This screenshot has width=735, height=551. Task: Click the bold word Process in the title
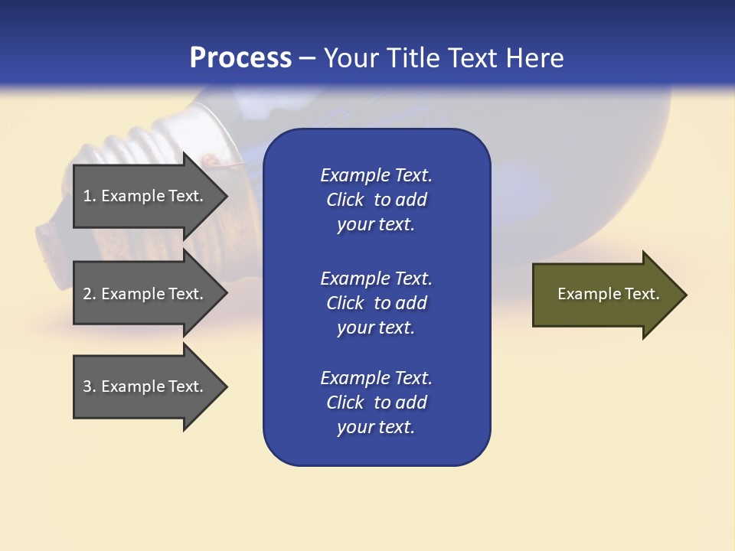click(240, 58)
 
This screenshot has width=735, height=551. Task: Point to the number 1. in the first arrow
click(90, 196)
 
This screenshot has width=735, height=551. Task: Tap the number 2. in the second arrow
click(90, 294)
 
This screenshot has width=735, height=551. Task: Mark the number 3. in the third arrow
click(90, 386)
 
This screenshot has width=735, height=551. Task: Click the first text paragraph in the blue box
click(376, 200)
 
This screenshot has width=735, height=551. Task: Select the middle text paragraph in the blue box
click(376, 303)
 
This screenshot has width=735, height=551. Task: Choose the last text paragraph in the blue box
click(376, 403)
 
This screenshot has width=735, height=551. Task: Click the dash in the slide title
click(307, 58)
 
